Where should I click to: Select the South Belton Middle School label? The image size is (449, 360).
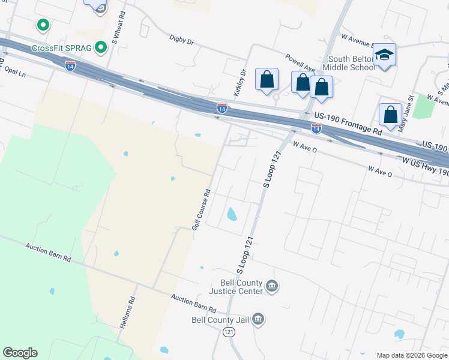(352, 62)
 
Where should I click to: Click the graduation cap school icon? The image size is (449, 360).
(384, 55)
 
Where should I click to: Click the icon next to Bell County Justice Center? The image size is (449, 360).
(271, 286)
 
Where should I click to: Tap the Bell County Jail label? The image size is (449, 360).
(220, 319)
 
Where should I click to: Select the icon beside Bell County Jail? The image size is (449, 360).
(258, 318)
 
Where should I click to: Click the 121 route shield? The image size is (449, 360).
(229, 332)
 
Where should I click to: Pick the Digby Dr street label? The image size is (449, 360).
(182, 42)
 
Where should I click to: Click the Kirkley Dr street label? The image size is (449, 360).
(240, 83)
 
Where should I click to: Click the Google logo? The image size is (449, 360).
(20, 352)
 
